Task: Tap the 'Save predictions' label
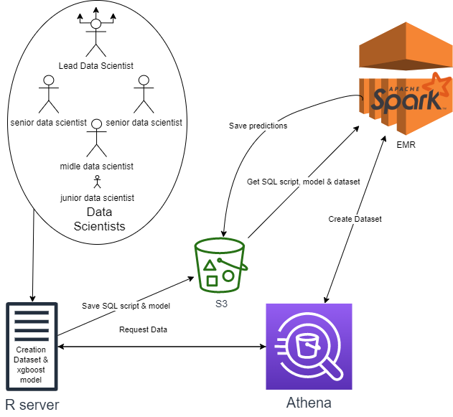(x=258, y=126)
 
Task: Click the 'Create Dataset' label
(x=355, y=219)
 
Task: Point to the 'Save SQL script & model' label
(x=126, y=307)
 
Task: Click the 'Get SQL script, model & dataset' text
(x=303, y=182)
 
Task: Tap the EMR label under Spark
(x=405, y=144)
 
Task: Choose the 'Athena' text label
(x=309, y=402)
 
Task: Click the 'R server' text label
(x=32, y=404)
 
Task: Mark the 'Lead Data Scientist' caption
(x=96, y=67)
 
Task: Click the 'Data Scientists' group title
(x=100, y=220)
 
